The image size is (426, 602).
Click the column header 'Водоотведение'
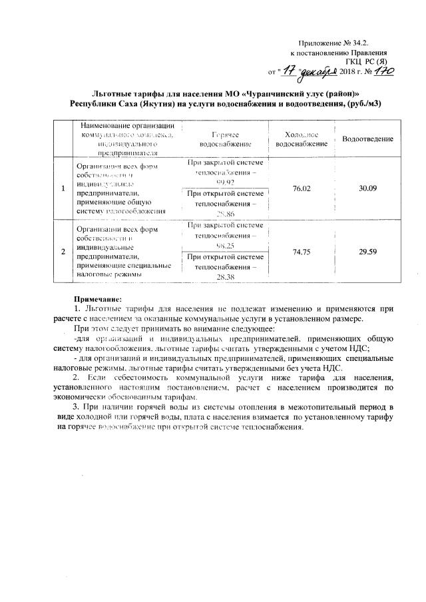(367, 139)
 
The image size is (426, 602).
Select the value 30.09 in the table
(367, 189)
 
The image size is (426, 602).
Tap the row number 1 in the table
(63, 189)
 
